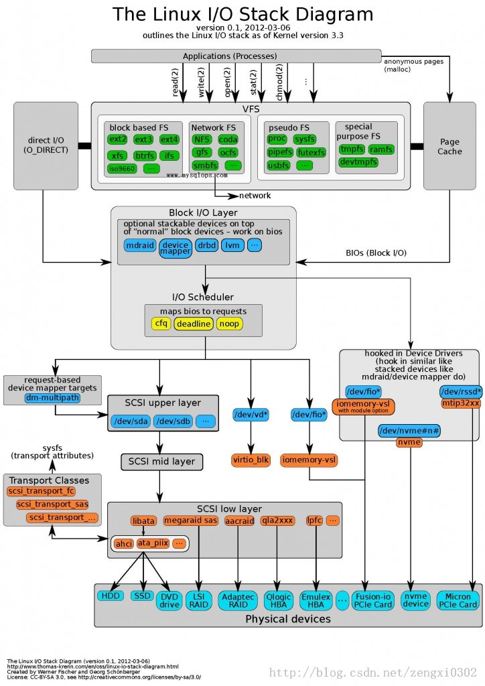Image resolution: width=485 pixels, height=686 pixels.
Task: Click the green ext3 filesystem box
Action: pyautogui.click(x=143, y=139)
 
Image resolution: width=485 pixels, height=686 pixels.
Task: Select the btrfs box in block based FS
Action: pyautogui.click(x=143, y=155)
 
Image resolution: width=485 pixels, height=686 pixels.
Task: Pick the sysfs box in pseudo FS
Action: pyautogui.click(x=305, y=139)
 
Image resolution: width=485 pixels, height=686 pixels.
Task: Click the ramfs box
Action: pyautogui.click(x=381, y=149)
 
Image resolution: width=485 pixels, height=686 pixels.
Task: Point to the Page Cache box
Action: pyautogui.click(x=449, y=146)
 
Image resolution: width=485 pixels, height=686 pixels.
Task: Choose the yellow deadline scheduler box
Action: pyautogui.click(x=194, y=324)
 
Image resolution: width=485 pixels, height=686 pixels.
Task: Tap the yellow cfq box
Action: pyautogui.click(x=161, y=324)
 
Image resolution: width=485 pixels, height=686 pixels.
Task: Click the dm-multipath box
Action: pyautogui.click(x=52, y=398)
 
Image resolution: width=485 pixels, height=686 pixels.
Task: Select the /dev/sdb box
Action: pyautogui.click(x=173, y=421)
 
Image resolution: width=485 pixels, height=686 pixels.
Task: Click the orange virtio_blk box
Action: pyautogui.click(x=250, y=460)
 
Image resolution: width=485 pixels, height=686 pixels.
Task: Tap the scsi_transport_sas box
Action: pyautogui.click(x=52, y=504)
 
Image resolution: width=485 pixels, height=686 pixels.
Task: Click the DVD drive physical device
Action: pyautogui.click(x=169, y=600)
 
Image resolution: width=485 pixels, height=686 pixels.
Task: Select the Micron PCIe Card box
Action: pyautogui.click(x=458, y=600)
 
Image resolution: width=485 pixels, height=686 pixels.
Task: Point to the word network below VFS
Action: pyautogui.click(x=255, y=196)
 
